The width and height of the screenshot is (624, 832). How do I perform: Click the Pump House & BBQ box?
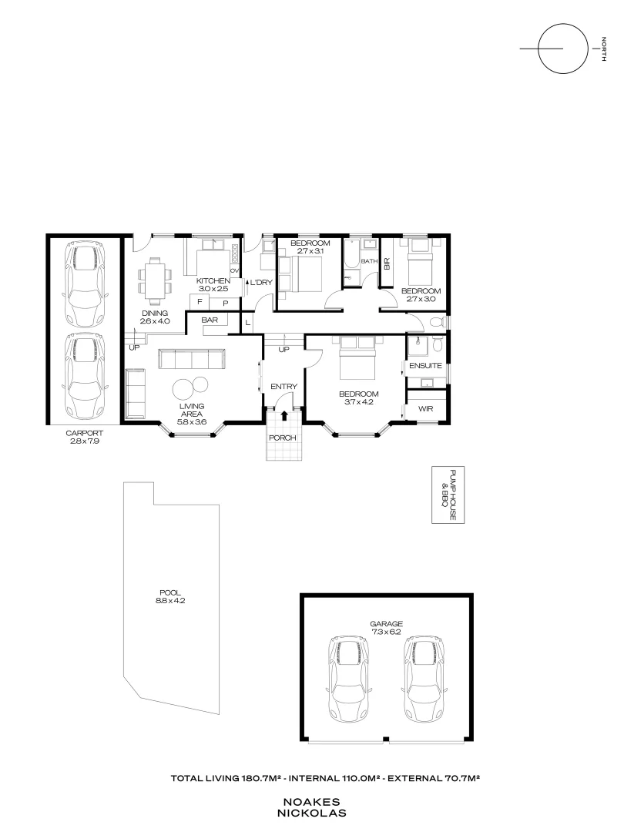pos(443,495)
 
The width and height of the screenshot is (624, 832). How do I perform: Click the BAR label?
pos(209,319)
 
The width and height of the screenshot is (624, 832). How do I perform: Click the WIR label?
pos(426,409)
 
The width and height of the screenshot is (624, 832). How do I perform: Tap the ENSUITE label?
pos(425,366)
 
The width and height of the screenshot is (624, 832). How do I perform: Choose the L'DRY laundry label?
pos(261,283)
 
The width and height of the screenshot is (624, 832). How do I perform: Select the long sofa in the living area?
pos(191,358)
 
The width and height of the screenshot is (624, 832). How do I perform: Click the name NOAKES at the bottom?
pos(312,801)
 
